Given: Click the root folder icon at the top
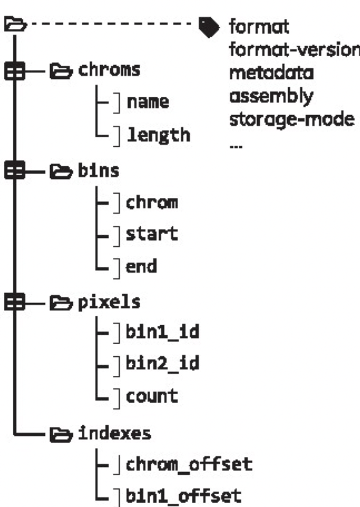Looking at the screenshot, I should pyautogui.click(x=14, y=25).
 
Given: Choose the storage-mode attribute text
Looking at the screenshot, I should pyautogui.click(x=291, y=120).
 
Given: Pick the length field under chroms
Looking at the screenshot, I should pyautogui.click(x=157, y=135).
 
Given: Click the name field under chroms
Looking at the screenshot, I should pyautogui.click(x=147, y=102).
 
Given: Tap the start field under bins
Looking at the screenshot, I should pyautogui.click(x=151, y=234).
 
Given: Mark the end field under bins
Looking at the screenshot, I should pyautogui.click(x=141, y=267).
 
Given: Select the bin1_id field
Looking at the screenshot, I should pyautogui.click(x=162, y=332).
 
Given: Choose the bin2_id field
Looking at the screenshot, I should pyautogui.click(x=162, y=363).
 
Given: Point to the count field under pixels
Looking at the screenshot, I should pyautogui.click(x=151, y=396).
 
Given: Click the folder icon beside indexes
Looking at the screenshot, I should pyautogui.click(x=60, y=433).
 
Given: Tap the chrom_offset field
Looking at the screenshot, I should pyautogui.click(x=189, y=465).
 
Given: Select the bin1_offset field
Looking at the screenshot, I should pyautogui.click(x=183, y=496).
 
